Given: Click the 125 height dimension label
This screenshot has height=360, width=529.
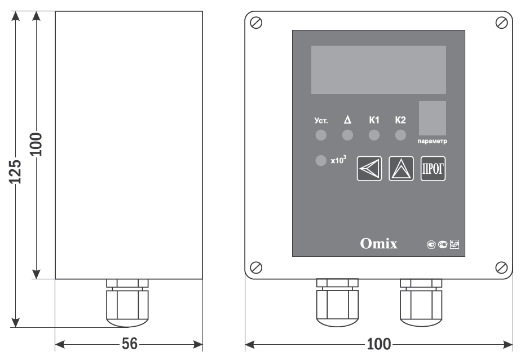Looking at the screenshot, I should point(16,171).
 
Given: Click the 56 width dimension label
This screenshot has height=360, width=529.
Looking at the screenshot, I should point(129,344).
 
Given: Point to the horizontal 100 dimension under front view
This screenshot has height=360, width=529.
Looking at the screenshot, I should point(378,344).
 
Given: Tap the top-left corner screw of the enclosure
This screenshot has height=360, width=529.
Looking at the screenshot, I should point(257,23).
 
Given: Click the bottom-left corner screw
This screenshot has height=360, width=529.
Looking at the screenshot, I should point(257,266).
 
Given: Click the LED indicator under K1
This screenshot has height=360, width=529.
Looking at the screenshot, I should point(374,135).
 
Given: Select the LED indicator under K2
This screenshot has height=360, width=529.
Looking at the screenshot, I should point(400,135).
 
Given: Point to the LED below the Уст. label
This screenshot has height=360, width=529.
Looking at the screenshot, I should point(320,135).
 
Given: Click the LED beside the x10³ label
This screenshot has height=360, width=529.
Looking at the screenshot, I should point(320,161).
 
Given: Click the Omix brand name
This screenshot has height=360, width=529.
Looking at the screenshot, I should point(378,244).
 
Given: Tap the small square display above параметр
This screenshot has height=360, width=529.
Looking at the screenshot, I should point(432,117).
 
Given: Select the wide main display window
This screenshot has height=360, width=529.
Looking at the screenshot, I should point(378,70).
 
